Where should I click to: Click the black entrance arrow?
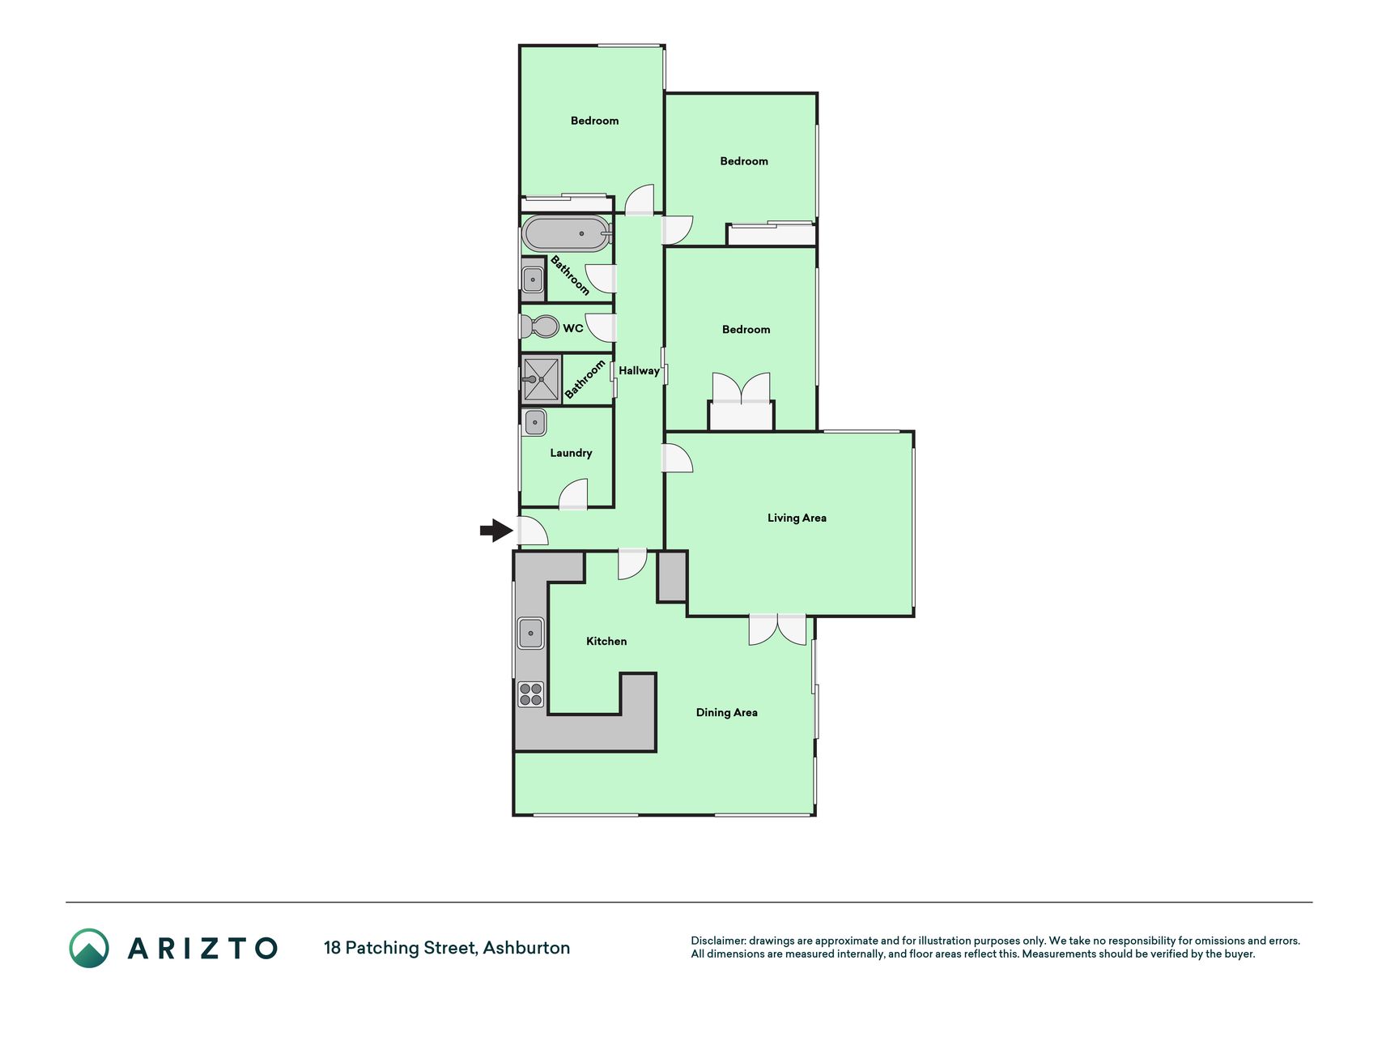click(496, 531)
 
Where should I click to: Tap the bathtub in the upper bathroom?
click(566, 233)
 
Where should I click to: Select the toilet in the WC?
click(539, 326)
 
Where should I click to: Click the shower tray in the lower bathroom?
click(541, 379)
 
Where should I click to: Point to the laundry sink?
click(534, 422)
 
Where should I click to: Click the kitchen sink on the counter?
click(530, 633)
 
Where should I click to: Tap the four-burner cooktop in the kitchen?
click(531, 694)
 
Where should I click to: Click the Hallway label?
click(639, 371)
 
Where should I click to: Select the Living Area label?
click(797, 518)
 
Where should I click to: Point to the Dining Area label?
click(727, 712)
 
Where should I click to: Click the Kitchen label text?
click(606, 641)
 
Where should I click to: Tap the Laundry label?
click(571, 453)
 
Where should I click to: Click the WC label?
click(573, 328)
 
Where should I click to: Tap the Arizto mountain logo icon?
click(89, 948)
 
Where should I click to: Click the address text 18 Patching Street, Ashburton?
click(447, 948)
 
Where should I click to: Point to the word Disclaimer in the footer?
click(718, 941)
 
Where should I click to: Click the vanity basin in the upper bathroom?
click(533, 280)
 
